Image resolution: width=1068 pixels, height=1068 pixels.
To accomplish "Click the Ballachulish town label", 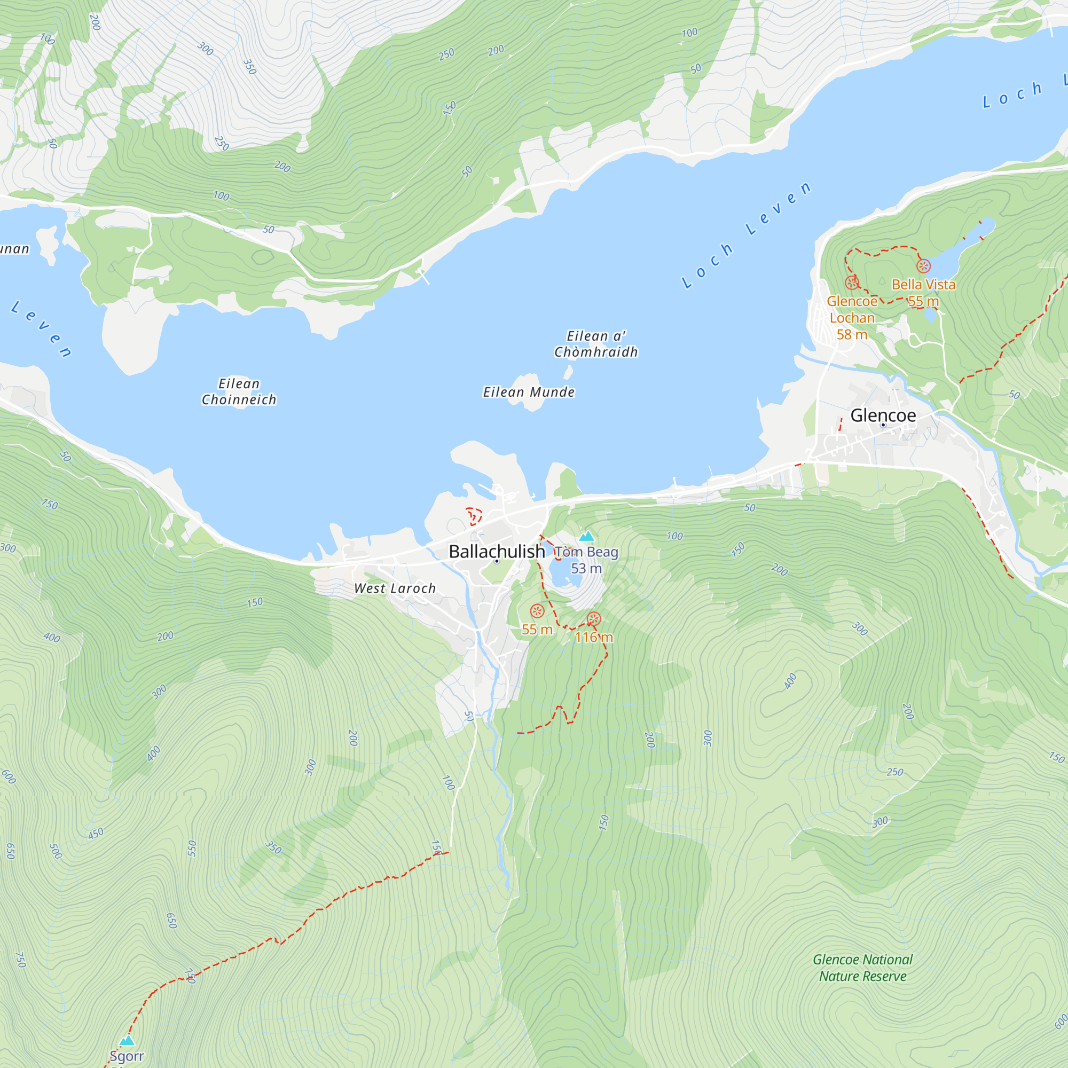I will (497, 551).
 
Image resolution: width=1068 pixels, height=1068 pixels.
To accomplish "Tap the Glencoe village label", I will (883, 415).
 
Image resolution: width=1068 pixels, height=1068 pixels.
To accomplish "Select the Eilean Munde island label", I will (529, 392).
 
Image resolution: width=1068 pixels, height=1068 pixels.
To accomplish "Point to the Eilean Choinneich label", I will (239, 391).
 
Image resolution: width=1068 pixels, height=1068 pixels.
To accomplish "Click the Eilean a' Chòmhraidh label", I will (596, 344).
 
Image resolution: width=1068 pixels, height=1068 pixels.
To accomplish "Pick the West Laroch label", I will (395, 588).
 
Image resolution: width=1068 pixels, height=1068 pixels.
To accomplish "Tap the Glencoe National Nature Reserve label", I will (862, 968).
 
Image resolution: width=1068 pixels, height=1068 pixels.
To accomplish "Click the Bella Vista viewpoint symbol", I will (923, 266).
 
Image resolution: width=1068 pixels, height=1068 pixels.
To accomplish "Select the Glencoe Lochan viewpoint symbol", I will (852, 283).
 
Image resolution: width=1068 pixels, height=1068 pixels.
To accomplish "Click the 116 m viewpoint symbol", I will (594, 619).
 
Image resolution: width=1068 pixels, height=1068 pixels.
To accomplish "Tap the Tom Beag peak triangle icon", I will (586, 536).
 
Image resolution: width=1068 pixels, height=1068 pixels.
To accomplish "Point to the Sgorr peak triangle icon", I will (127, 1041).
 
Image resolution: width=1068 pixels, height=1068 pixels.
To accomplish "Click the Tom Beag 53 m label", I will (586, 560).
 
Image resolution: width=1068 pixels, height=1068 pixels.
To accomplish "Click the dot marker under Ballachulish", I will (497, 561).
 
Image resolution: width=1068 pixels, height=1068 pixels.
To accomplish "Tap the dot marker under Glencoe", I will (883, 425).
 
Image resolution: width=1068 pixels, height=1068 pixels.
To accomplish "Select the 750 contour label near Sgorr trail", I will (20, 960).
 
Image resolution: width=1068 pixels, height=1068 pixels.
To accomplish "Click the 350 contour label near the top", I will (250, 67).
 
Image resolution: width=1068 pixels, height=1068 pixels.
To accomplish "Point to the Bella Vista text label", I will (923, 285).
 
